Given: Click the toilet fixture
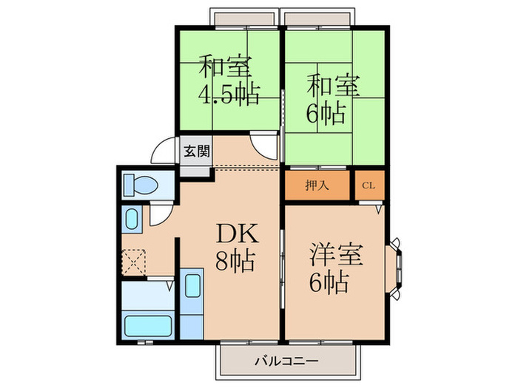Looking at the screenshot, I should coord(138,184).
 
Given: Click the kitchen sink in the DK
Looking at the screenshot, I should coord(191,287).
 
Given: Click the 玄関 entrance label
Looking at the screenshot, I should coord(196,152).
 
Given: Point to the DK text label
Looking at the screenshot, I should coord(236,235).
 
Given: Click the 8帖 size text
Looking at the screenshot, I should coord(235,261).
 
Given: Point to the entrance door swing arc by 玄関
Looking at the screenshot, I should coord(164,153).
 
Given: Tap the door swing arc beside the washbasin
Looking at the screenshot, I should coord(161,215).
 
